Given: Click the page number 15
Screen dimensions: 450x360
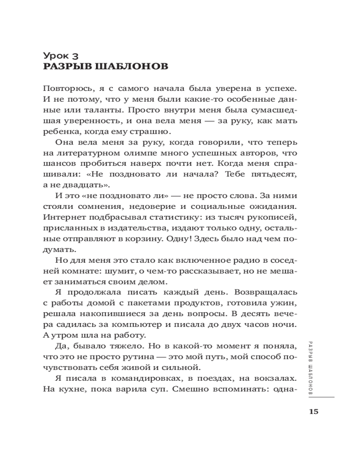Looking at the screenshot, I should [x=314, y=412].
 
